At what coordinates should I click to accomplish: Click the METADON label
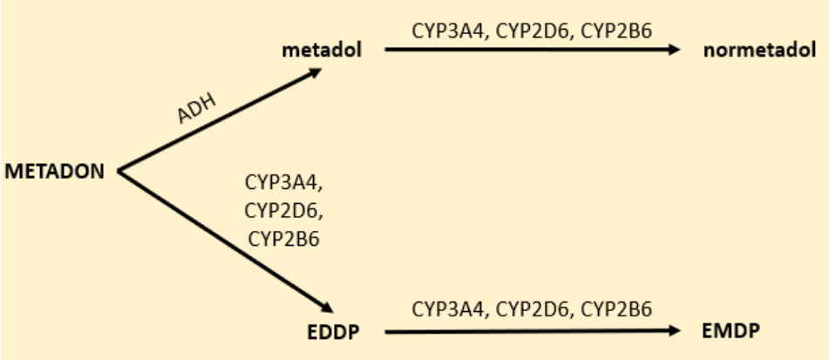55,171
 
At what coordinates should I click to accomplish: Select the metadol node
321,50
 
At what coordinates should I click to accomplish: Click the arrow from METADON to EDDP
222,240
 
